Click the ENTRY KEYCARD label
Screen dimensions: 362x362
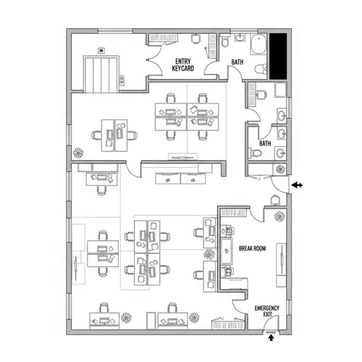click(x=182, y=64)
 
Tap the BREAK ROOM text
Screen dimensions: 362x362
click(x=253, y=248)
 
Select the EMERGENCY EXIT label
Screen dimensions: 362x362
click(x=266, y=311)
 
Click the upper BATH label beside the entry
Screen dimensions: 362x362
click(x=237, y=62)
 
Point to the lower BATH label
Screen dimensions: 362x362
click(x=265, y=143)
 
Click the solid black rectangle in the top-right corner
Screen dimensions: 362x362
click(x=278, y=56)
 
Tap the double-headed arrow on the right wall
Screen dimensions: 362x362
click(x=297, y=185)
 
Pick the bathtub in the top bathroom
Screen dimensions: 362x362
click(x=256, y=45)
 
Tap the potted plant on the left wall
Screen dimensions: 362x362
click(x=77, y=153)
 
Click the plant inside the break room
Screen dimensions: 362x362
click(x=277, y=216)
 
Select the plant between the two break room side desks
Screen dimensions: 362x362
click(x=210, y=254)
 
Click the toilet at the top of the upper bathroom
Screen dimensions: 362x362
click(x=225, y=41)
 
